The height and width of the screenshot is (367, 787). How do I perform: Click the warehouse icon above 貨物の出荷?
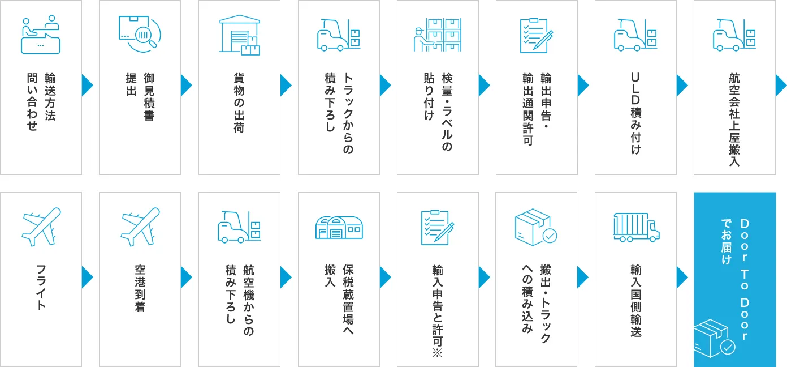pos(239,35)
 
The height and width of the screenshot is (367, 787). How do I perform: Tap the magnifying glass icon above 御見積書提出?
pos(140,34)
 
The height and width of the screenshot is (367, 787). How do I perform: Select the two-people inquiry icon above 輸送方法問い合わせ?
pos(41,35)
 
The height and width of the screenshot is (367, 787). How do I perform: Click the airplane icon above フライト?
pos(41,227)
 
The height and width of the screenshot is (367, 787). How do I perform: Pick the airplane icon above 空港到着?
pos(140,227)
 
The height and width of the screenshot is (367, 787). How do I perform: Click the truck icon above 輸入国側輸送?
pos(636,227)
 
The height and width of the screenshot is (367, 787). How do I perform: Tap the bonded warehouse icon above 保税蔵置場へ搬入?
pos(339,228)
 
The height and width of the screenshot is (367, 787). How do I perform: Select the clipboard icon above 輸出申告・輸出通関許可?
pos(537,36)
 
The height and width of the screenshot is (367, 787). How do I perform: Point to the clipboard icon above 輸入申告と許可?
pos(438,228)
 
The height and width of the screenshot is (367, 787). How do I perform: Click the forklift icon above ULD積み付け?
pos(635,35)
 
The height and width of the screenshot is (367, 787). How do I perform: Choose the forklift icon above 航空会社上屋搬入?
pos(734,35)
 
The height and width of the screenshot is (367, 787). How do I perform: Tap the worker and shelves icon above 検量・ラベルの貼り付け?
pos(438,35)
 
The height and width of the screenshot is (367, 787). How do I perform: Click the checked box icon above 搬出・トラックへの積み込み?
pos(536,227)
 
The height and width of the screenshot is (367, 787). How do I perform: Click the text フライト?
pos(41,287)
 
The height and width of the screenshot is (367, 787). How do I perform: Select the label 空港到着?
pos(140,288)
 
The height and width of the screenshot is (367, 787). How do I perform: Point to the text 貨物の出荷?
pos(239,103)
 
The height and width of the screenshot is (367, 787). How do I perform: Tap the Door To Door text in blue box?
pos(745,280)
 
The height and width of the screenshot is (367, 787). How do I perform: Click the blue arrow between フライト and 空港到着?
pos(88,278)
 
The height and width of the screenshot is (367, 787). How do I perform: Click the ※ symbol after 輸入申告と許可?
pos(438,353)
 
